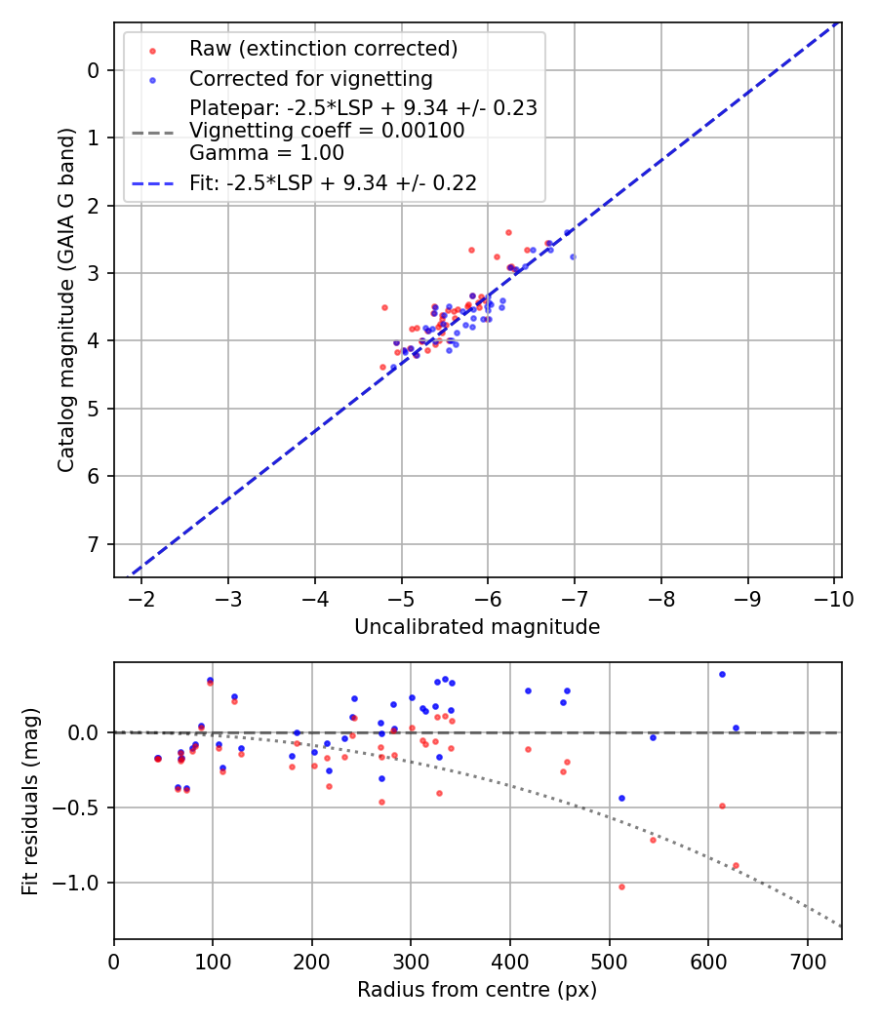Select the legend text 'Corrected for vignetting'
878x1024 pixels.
point(310,78)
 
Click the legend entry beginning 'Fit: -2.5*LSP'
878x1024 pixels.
point(333,182)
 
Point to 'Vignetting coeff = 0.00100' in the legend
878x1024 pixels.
point(327,131)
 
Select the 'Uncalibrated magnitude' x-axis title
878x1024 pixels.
point(477,627)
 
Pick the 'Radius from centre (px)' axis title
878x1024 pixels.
point(477,990)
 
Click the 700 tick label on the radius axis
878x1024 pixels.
point(807,960)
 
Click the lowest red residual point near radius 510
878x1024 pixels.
point(621,886)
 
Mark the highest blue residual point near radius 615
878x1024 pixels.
point(722,674)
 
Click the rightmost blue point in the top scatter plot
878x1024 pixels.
point(573,256)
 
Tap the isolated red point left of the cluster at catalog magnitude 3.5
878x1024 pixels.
point(384,307)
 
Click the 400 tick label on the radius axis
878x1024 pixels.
point(510,960)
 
